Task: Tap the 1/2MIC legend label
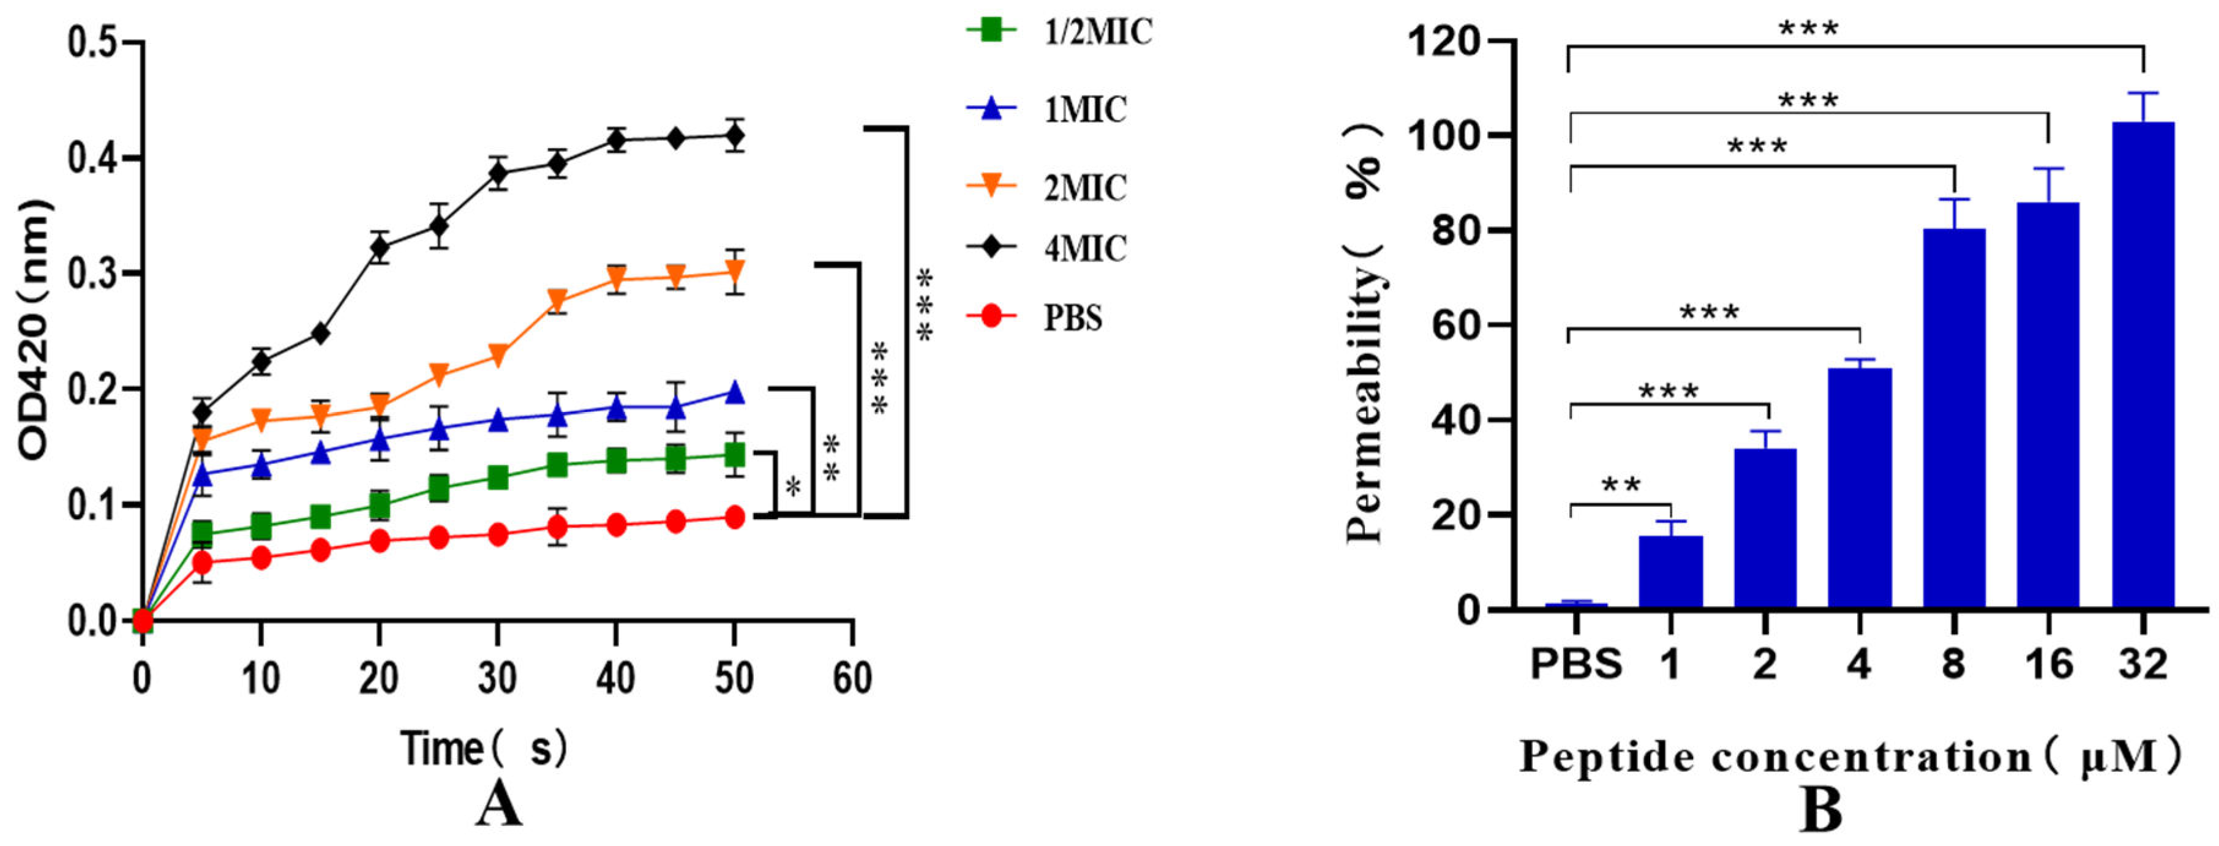pyautogui.click(x=1097, y=32)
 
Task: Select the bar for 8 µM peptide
pyautogui.click(x=1954, y=419)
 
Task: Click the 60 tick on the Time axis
pyautogui.click(x=852, y=679)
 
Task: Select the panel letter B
pyautogui.click(x=1821, y=810)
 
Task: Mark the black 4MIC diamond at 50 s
pyautogui.click(x=734, y=136)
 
